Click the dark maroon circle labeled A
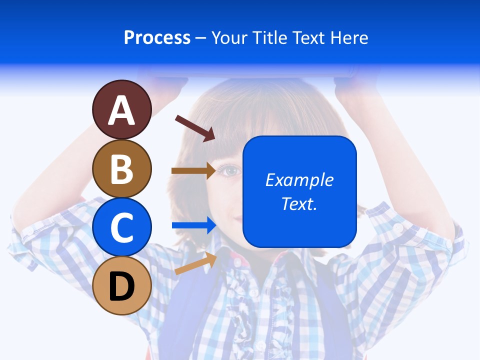[x=122, y=109]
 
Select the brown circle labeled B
[x=122, y=168]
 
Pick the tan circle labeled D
[x=122, y=285]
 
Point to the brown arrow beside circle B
[x=194, y=170]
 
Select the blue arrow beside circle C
[x=194, y=225]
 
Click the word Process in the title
[x=157, y=37]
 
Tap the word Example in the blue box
[x=299, y=180]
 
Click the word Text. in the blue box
[x=299, y=203]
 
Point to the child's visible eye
[x=230, y=171]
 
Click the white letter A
[x=122, y=110]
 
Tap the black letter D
[x=122, y=287]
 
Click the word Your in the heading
[x=230, y=37]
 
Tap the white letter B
[x=122, y=169]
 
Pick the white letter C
[x=122, y=227]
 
